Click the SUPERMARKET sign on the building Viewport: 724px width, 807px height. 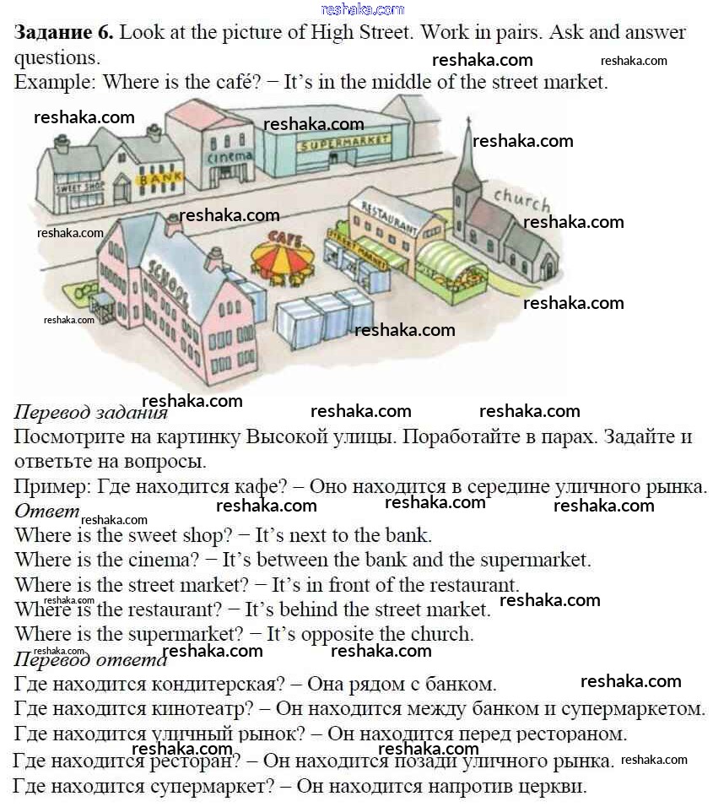343,144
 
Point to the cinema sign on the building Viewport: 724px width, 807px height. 230,157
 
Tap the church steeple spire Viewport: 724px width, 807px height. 467,152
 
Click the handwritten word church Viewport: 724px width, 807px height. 521,200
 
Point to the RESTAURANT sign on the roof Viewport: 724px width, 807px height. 389,215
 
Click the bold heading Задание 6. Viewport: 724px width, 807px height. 63,33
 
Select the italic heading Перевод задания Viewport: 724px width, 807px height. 90,414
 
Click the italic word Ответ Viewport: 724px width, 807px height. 46,512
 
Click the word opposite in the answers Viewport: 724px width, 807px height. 300,634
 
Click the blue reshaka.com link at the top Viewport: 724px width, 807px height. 363,9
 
